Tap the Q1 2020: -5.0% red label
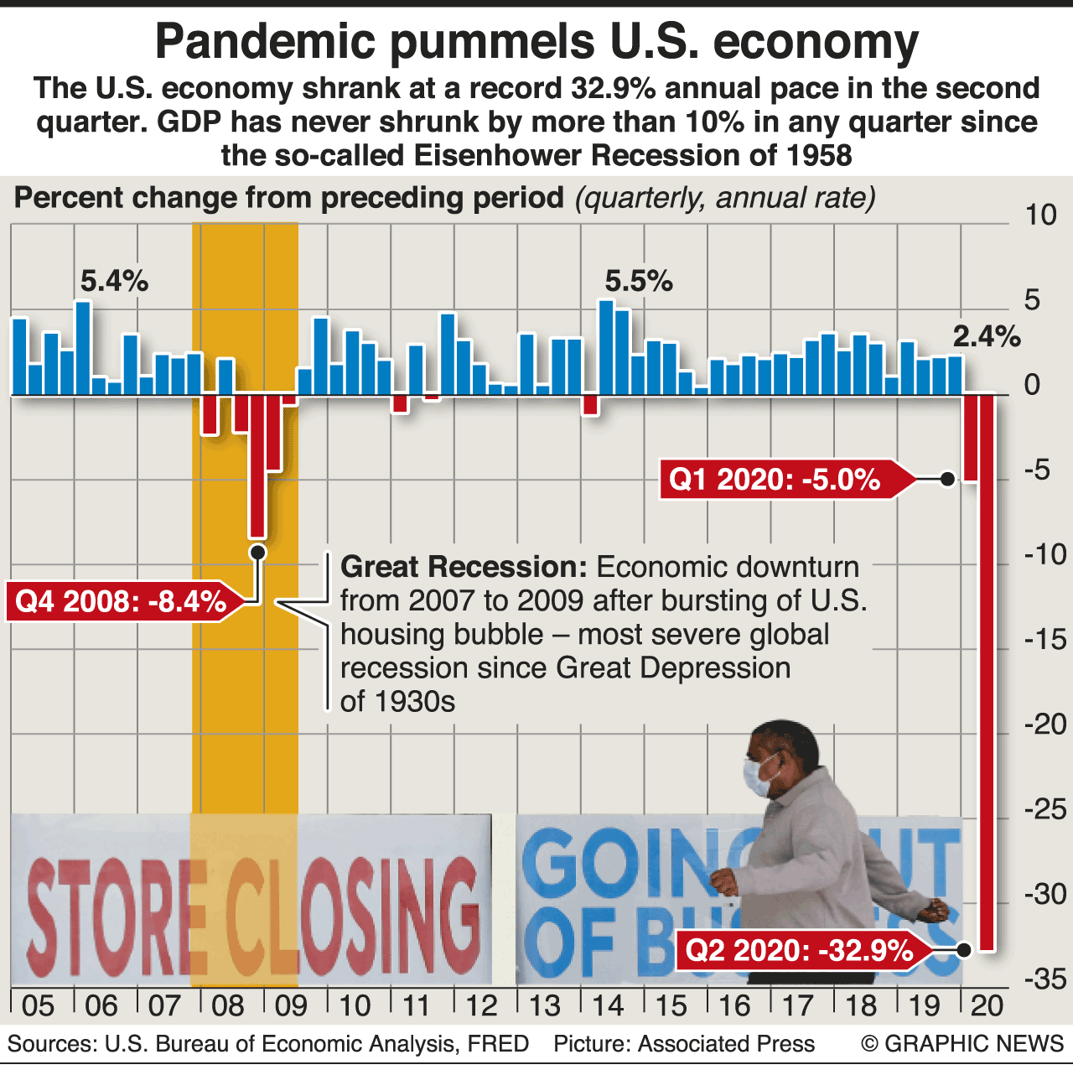click(x=775, y=480)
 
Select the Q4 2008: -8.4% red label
click(x=121, y=601)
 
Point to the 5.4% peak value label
click(x=114, y=282)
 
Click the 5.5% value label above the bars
click(x=639, y=282)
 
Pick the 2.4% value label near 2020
click(x=987, y=337)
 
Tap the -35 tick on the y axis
click(x=1044, y=979)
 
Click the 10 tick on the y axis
click(x=1041, y=216)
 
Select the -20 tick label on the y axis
click(x=1044, y=724)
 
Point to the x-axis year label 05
click(x=38, y=1005)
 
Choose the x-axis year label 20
click(x=987, y=1005)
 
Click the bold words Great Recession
click(x=464, y=568)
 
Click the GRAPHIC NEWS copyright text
click(x=962, y=1044)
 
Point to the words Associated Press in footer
click(x=726, y=1044)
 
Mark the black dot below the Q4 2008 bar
click(x=258, y=552)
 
